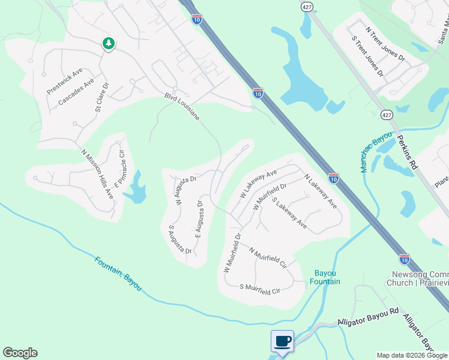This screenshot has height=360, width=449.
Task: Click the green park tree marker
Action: pos(108,44)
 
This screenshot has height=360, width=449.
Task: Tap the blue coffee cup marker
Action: pos(282,341)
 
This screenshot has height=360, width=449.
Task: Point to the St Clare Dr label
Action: pos(101,98)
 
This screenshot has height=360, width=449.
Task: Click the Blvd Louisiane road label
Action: pos(182,106)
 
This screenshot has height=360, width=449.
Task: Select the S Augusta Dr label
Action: pos(179,239)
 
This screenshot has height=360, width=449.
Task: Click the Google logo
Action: pos(20,353)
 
